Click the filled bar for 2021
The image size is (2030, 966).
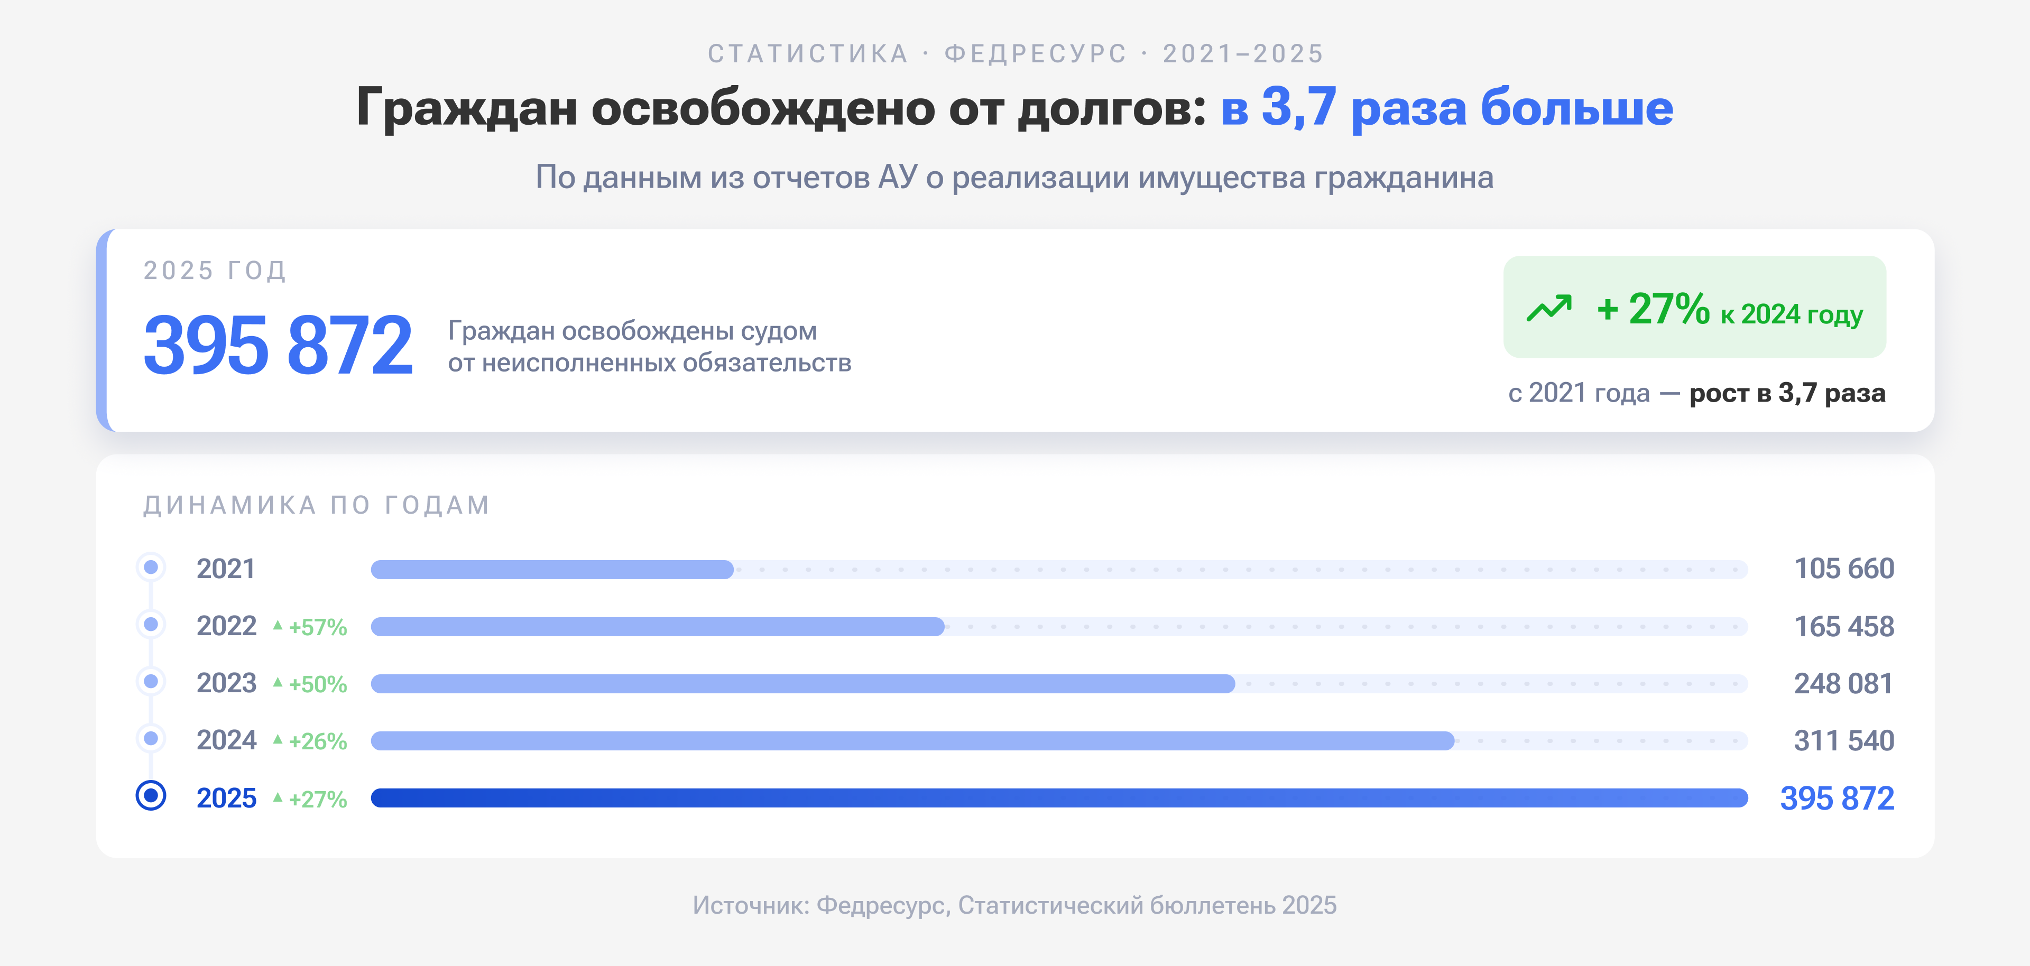551,569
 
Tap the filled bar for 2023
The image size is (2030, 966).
802,683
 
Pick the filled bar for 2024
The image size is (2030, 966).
912,741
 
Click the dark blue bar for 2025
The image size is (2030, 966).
1058,798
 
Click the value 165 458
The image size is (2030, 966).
1843,626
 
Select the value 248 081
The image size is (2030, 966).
1843,683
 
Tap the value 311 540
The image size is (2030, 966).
1843,741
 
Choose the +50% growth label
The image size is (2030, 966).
317,684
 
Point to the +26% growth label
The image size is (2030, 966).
317,741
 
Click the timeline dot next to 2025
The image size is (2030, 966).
151,795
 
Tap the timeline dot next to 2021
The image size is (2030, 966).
151,566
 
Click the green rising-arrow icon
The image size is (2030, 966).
1548,308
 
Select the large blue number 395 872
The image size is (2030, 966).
278,345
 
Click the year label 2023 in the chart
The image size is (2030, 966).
226,683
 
